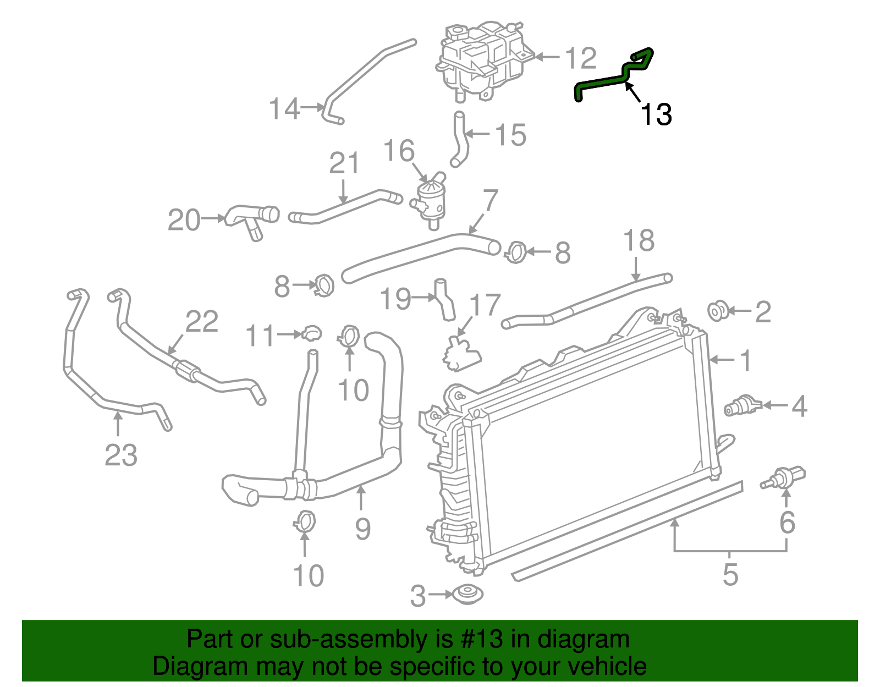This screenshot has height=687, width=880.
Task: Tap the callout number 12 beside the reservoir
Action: (x=580, y=58)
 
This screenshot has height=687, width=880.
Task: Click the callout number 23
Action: (x=120, y=455)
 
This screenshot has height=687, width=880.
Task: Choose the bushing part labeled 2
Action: (x=718, y=311)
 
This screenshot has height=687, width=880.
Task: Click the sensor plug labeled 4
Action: (x=742, y=406)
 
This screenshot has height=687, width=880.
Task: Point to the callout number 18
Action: (x=639, y=241)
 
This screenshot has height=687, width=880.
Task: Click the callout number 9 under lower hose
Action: (x=362, y=529)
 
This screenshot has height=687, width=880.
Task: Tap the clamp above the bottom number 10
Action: (x=304, y=521)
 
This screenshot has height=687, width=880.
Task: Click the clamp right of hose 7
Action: (x=516, y=252)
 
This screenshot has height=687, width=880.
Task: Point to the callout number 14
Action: (x=284, y=108)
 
